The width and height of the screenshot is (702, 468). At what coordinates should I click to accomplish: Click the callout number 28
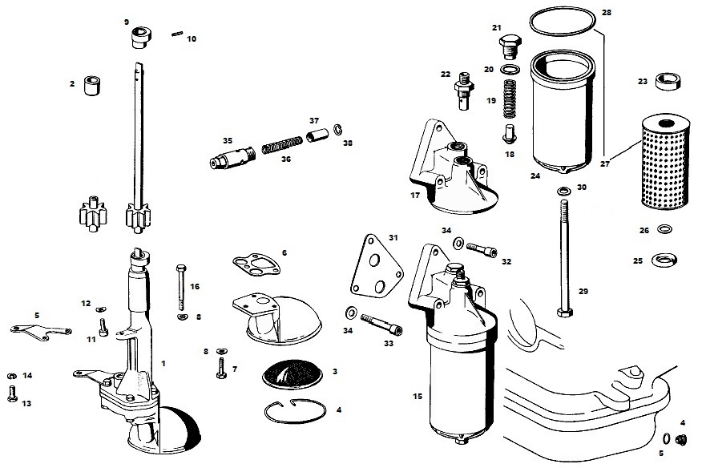click(x=606, y=14)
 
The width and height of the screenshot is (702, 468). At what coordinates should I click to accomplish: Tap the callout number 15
click(x=417, y=396)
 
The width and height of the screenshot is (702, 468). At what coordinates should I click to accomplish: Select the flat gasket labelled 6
click(x=256, y=264)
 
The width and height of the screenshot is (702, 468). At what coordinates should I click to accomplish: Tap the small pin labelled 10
click(x=178, y=34)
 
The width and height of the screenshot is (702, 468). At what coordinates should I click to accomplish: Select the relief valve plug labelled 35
click(x=228, y=156)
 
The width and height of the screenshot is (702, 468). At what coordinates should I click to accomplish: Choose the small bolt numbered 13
click(x=11, y=392)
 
